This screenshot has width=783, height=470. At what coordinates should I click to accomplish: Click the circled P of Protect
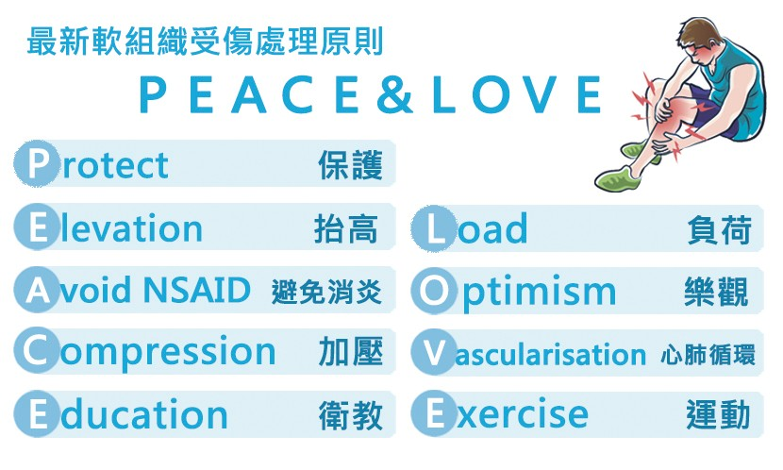(x=36, y=164)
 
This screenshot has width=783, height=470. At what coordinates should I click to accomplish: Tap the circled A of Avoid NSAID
(x=36, y=290)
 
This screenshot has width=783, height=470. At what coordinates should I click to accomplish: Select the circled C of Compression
(x=36, y=352)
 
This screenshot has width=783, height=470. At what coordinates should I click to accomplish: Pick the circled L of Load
(x=434, y=228)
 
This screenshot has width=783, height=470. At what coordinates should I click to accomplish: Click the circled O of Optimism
(x=434, y=291)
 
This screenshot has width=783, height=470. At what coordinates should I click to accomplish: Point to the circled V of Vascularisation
(x=434, y=353)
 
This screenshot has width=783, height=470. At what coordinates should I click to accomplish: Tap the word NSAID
(x=197, y=290)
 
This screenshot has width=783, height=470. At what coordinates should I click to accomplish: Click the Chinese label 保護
(x=351, y=165)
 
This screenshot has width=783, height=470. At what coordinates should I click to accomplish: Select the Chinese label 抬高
(x=346, y=228)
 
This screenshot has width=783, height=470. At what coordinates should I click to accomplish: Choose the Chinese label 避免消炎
(x=326, y=292)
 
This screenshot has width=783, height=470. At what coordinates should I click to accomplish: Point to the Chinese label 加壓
(x=351, y=352)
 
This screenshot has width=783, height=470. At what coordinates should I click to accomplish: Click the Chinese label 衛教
(x=351, y=415)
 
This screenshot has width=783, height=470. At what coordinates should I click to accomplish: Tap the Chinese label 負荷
(x=720, y=229)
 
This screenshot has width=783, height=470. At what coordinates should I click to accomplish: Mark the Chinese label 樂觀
(x=717, y=292)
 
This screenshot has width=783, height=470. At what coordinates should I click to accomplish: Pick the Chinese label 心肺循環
(x=708, y=355)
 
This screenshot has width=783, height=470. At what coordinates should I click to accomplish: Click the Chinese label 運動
(x=718, y=414)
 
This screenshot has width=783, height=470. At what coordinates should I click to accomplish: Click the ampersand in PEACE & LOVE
(x=395, y=93)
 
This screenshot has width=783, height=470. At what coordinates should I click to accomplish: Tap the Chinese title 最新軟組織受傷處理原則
(x=205, y=41)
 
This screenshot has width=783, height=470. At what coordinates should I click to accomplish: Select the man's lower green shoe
(x=617, y=178)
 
